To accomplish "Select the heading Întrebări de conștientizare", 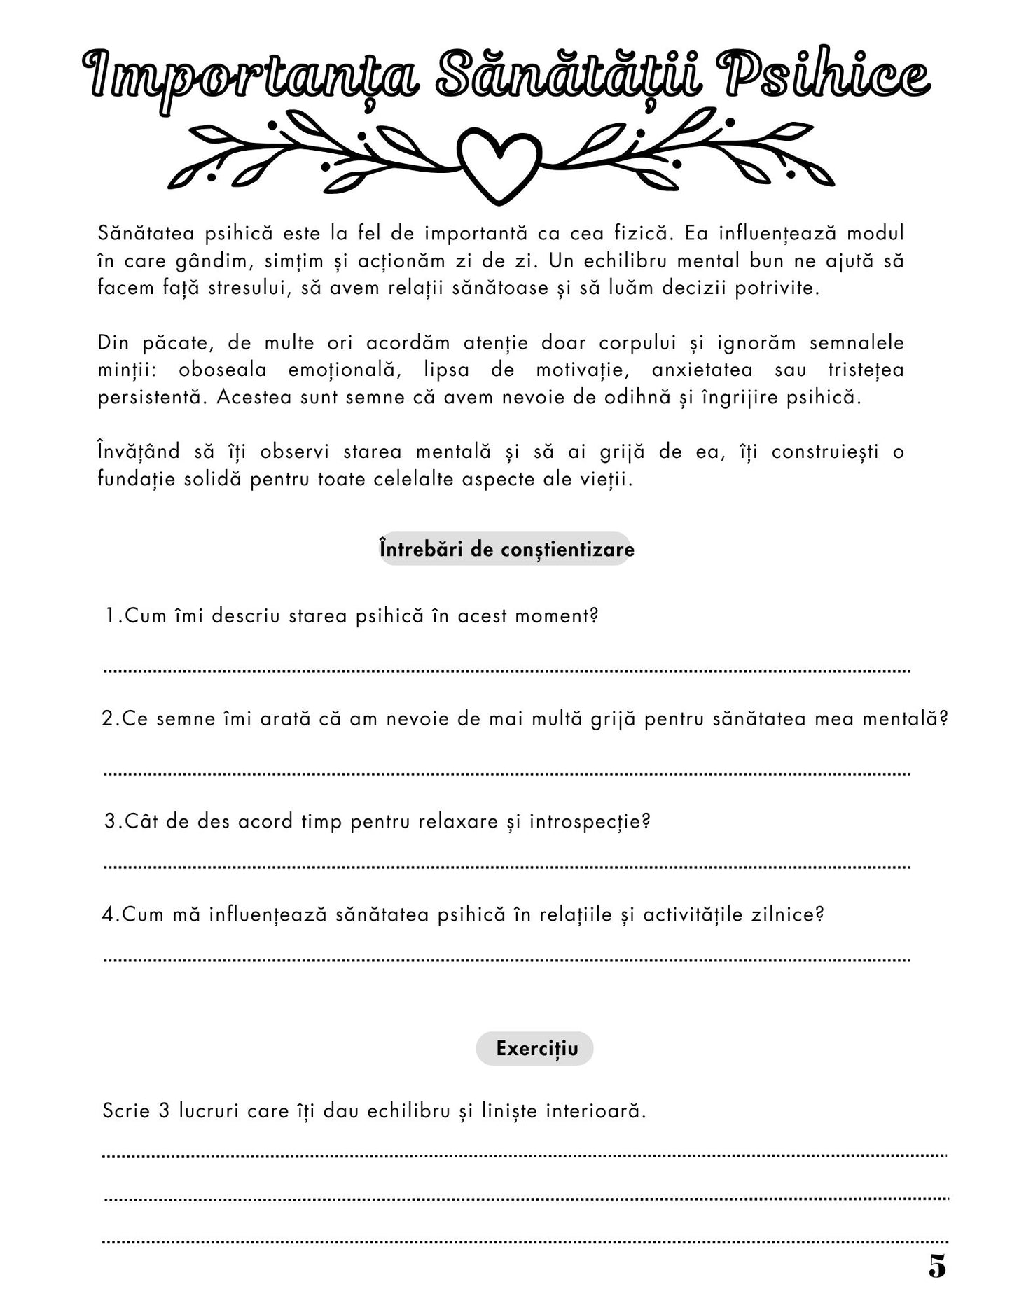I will [x=506, y=550].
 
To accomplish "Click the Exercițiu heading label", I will [x=536, y=1049].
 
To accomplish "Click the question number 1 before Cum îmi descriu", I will [x=111, y=616].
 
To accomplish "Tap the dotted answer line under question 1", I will [x=506, y=671].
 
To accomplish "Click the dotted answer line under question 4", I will [x=506, y=960].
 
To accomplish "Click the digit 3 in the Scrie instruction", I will [x=164, y=1110].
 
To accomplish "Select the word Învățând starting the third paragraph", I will [x=139, y=452].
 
